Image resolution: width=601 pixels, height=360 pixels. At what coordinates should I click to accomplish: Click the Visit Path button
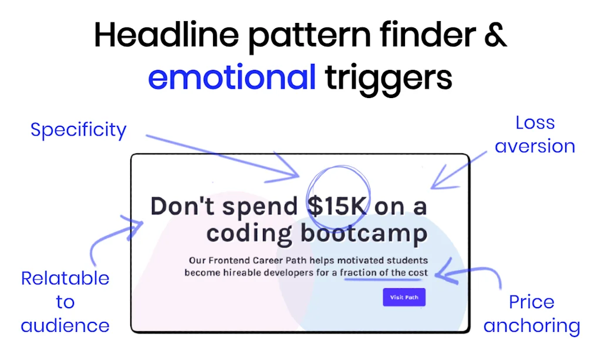coord(404,297)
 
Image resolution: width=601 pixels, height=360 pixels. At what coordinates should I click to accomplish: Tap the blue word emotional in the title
coord(232,78)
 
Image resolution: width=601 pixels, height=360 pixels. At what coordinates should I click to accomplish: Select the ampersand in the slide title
coord(495,36)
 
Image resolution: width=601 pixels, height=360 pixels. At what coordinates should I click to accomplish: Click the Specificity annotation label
coord(78,129)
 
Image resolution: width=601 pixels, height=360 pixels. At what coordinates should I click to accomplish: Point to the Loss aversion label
coord(535,134)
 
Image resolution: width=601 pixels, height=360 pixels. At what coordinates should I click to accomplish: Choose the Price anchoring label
coord(531,314)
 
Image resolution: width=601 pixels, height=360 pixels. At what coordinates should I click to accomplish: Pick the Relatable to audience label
coord(65,302)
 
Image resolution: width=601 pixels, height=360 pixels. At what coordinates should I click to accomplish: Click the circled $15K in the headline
coord(337,207)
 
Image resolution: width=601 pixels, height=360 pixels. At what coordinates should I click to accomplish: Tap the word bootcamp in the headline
coord(364,234)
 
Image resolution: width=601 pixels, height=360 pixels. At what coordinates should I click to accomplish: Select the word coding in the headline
coord(249,234)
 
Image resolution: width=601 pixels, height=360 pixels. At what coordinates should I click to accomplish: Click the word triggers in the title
coord(389,78)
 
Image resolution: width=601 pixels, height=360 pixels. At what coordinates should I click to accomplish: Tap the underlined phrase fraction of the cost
coord(384,272)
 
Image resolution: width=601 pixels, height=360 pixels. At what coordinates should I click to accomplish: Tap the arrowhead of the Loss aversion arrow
coord(434,186)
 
